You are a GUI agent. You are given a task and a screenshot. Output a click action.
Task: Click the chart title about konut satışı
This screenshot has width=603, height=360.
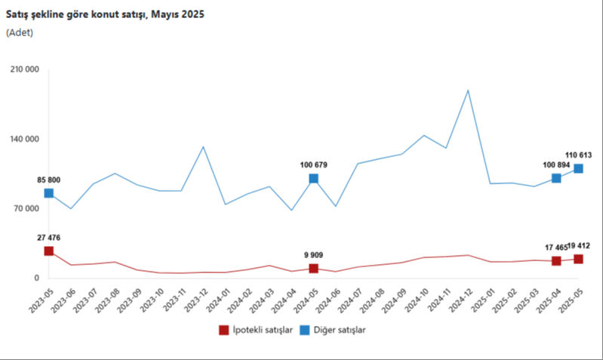point(105,14)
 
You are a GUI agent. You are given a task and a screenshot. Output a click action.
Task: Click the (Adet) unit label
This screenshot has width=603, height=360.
point(20,32)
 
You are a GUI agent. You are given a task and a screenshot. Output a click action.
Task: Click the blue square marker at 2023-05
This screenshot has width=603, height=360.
point(48,193)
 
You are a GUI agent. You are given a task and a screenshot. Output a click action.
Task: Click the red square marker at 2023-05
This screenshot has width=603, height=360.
point(48,251)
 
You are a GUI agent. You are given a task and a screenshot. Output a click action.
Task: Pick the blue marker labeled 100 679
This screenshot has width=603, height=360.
point(313,179)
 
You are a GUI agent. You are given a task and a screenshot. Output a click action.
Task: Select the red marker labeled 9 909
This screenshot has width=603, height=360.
point(313,269)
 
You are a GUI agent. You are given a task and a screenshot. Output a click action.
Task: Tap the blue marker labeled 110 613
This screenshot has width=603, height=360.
point(578,168)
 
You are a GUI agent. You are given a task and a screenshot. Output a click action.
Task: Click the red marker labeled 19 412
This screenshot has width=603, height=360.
point(578,259)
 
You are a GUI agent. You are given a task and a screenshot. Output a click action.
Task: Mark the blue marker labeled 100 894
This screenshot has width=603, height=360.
point(556,178)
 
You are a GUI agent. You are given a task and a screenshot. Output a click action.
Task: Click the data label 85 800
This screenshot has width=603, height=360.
point(48,180)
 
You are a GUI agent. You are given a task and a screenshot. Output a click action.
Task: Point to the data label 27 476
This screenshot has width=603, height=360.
point(48,238)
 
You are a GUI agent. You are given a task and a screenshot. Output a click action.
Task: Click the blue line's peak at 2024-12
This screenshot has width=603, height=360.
point(468,91)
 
